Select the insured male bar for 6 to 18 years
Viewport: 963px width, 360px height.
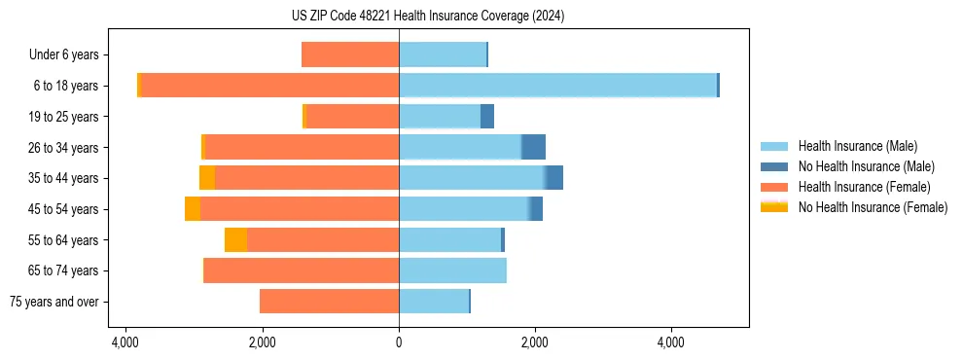tap(557, 86)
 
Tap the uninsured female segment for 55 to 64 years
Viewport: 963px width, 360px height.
tap(235, 240)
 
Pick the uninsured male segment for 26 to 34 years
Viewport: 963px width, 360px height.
tap(533, 147)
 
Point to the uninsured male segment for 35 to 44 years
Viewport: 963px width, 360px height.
tap(554, 178)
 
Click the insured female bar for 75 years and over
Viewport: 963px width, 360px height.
tap(329, 302)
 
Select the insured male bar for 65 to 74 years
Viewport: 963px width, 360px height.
tap(452, 270)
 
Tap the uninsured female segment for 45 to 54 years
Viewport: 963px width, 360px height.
tap(193, 209)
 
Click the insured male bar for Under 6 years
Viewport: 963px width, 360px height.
tap(443, 54)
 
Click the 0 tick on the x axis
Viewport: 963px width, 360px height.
tap(399, 342)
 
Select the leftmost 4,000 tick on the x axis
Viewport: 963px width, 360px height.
tap(125, 342)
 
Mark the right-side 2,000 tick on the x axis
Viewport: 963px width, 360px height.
tap(535, 342)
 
